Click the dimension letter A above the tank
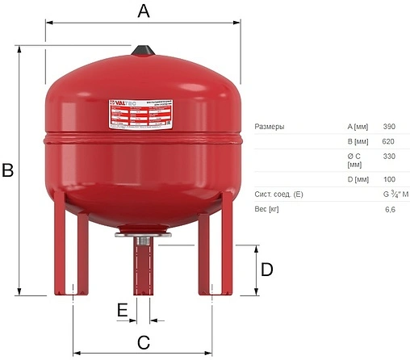pos(144,10)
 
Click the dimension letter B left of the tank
pos(8,171)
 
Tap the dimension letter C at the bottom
pos(142,341)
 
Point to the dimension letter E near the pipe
pos(122,310)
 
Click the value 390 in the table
pos(389,127)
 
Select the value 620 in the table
pos(389,141)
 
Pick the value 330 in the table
pos(389,155)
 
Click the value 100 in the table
pos(389,178)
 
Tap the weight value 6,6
pos(391,210)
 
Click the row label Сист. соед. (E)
pos(278,195)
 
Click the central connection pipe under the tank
pos(142,266)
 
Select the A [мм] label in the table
pos(358,127)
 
